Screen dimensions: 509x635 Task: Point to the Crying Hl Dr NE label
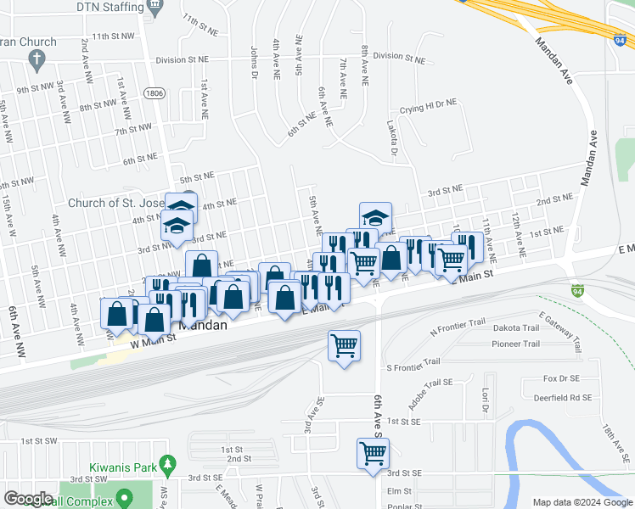pos(428,103)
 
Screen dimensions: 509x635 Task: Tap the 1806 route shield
pos(154,93)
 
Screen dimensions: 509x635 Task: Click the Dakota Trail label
pos(515,328)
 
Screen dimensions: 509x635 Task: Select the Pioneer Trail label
pos(515,344)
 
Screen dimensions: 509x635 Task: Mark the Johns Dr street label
pos(254,62)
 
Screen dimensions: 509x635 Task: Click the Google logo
pos(29,499)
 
